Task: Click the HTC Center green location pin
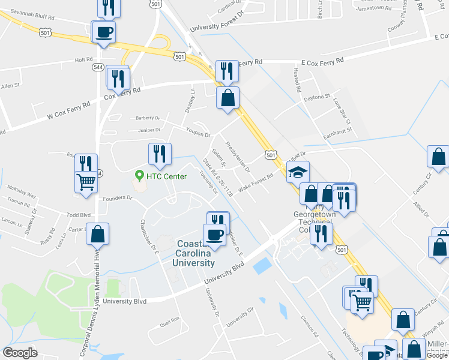point(140,175)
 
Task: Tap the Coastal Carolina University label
point(196,253)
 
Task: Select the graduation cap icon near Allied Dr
point(298,173)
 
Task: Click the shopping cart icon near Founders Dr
point(86,181)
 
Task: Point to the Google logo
point(20,353)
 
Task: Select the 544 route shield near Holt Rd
point(98,68)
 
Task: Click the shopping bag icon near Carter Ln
point(98,233)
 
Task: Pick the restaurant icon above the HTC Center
point(160,154)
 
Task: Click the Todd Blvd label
point(78,215)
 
